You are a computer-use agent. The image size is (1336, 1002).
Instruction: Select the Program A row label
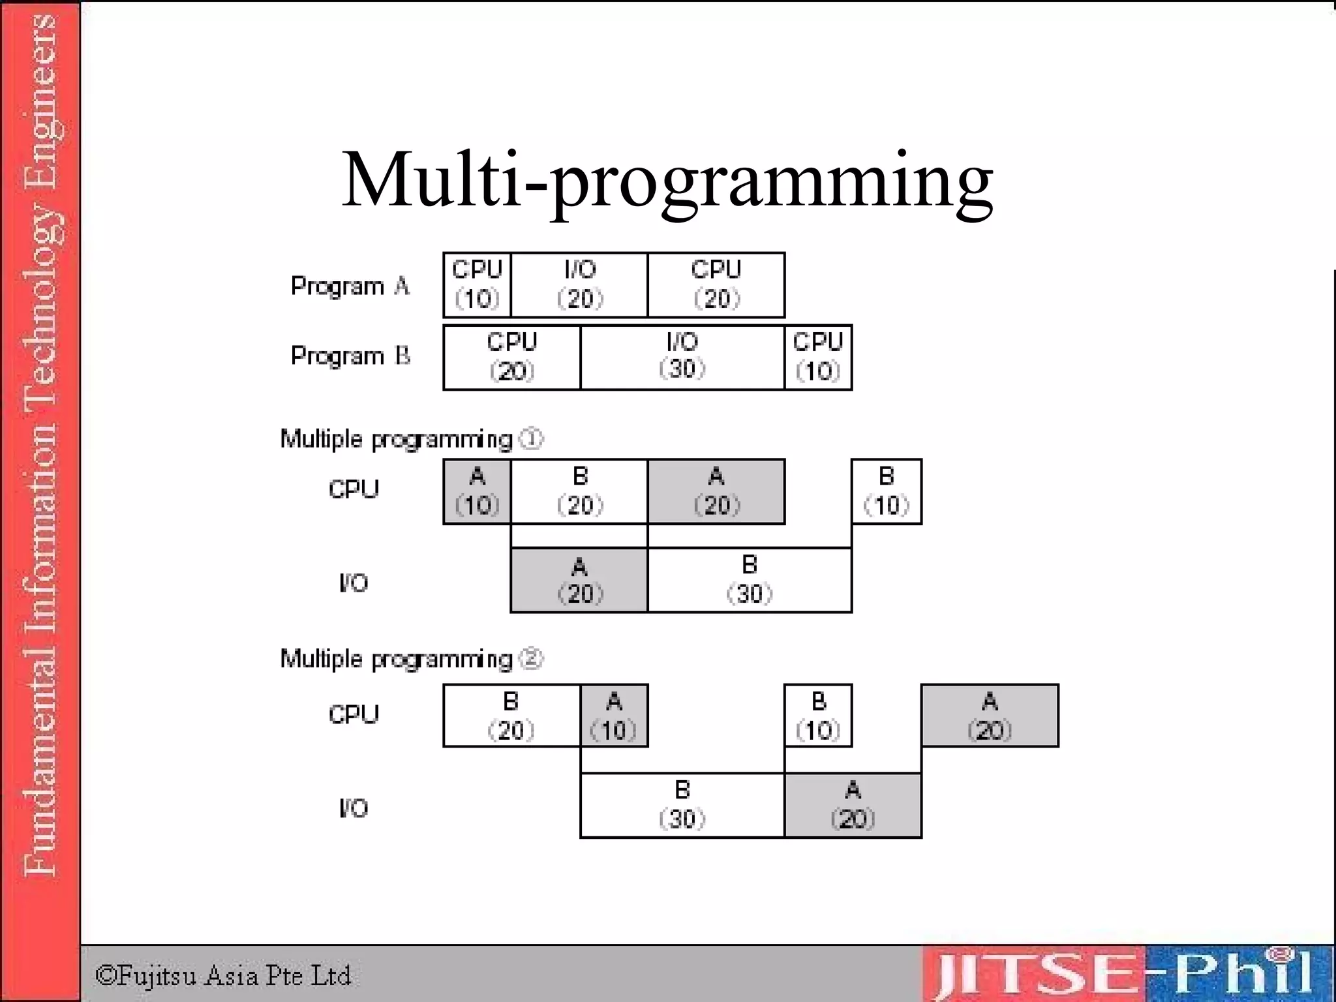click(x=350, y=286)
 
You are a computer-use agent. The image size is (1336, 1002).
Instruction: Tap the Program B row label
click(x=350, y=356)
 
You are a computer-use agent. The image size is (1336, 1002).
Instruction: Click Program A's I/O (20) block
click(x=579, y=285)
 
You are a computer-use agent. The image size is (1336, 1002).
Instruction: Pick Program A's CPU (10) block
click(x=477, y=285)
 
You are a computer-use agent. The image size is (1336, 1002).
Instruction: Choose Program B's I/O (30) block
click(x=682, y=357)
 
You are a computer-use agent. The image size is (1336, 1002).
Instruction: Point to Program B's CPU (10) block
click(x=818, y=357)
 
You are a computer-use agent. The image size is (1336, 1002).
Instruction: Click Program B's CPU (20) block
click(x=511, y=357)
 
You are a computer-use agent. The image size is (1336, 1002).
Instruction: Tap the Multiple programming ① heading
click(x=411, y=439)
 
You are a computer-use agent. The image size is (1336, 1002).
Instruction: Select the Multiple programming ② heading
click(x=411, y=659)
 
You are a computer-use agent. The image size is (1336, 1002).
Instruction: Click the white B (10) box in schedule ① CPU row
click(x=886, y=491)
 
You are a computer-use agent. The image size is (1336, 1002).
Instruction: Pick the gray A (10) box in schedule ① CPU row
click(x=477, y=491)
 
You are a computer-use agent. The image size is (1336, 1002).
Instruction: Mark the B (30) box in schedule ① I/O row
click(x=750, y=580)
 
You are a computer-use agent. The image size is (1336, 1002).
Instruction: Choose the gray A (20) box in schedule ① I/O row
click(x=579, y=580)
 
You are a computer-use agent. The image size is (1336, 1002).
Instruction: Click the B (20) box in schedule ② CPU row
click(x=511, y=716)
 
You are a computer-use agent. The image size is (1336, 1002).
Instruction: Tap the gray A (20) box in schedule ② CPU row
click(x=990, y=716)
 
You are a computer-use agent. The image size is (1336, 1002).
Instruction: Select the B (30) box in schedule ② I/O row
click(x=682, y=805)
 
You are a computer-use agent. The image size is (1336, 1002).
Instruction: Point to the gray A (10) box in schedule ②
click(x=614, y=716)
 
